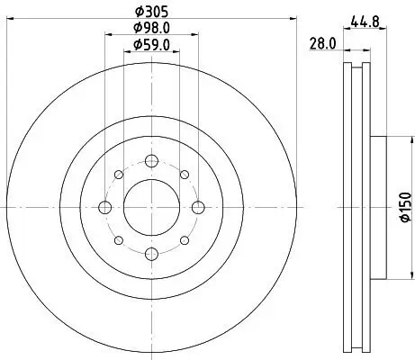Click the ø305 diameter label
point(149,13)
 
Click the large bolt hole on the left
point(104,207)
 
